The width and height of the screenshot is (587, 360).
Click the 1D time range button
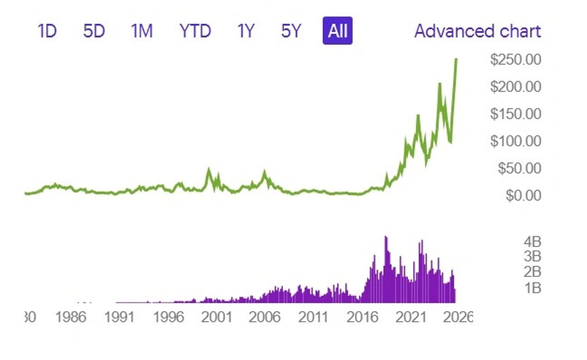coord(47,31)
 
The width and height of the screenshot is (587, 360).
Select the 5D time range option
coord(94,31)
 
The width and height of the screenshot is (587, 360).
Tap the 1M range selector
coord(142,31)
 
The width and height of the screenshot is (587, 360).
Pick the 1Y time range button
coord(246,31)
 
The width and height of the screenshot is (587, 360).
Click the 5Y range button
coord(291,31)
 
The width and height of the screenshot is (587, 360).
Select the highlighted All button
coord(338,31)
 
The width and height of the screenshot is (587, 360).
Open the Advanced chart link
coord(477,31)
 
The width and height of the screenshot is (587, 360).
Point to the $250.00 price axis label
coord(516,60)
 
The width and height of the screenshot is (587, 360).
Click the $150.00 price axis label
coord(516,114)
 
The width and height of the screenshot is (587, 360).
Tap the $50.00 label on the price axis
coord(519,168)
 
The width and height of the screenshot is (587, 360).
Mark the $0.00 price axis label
coord(523,195)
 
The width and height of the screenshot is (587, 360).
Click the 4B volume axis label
coord(532,242)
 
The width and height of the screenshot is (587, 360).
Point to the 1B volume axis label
coord(532,288)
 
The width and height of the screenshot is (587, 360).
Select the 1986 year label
coord(71,317)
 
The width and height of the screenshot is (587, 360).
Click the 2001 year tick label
coord(216,317)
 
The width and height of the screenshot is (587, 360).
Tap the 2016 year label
coord(363,317)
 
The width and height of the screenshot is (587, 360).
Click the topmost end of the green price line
coord(456,59)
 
